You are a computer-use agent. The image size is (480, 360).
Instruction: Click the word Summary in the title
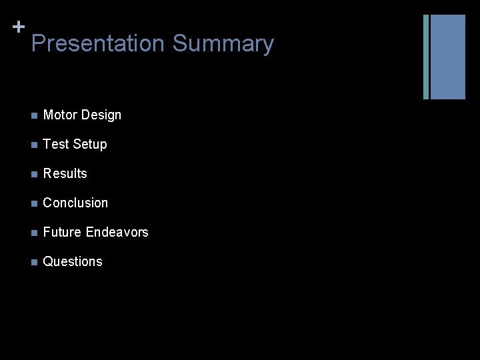223,44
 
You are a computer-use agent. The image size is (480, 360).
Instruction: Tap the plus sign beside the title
19,27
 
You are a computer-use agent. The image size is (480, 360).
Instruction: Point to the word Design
101,115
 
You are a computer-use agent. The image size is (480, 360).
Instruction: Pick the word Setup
90,145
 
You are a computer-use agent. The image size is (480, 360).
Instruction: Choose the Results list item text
65,173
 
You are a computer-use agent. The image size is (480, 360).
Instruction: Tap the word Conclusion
75,203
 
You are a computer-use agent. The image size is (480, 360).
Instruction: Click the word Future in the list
62,232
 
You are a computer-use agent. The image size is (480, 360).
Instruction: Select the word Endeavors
117,232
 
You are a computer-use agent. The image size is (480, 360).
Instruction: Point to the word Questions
73,261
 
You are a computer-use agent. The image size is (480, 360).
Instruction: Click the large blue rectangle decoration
447,57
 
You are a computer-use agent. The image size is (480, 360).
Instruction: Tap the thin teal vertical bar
426,57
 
